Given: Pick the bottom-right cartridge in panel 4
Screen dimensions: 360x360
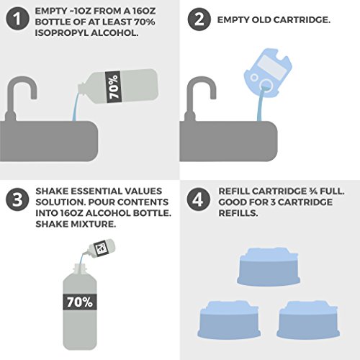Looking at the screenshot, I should (310, 310).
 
